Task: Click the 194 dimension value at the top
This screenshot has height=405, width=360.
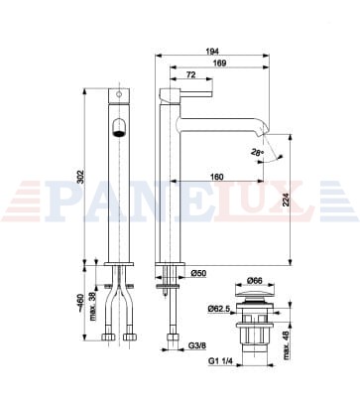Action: tap(212, 52)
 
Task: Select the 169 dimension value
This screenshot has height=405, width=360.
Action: tap(220, 63)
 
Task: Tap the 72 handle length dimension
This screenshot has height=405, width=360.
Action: tap(191, 74)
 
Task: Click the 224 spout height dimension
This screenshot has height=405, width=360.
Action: tap(286, 200)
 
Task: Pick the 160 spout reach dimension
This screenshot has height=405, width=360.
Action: tap(217, 177)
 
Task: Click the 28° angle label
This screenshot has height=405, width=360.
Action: tap(257, 153)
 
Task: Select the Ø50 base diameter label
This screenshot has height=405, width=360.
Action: tap(198, 273)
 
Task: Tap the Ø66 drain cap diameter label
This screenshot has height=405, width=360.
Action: tap(255, 281)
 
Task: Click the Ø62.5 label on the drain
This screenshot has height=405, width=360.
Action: tap(219, 309)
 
